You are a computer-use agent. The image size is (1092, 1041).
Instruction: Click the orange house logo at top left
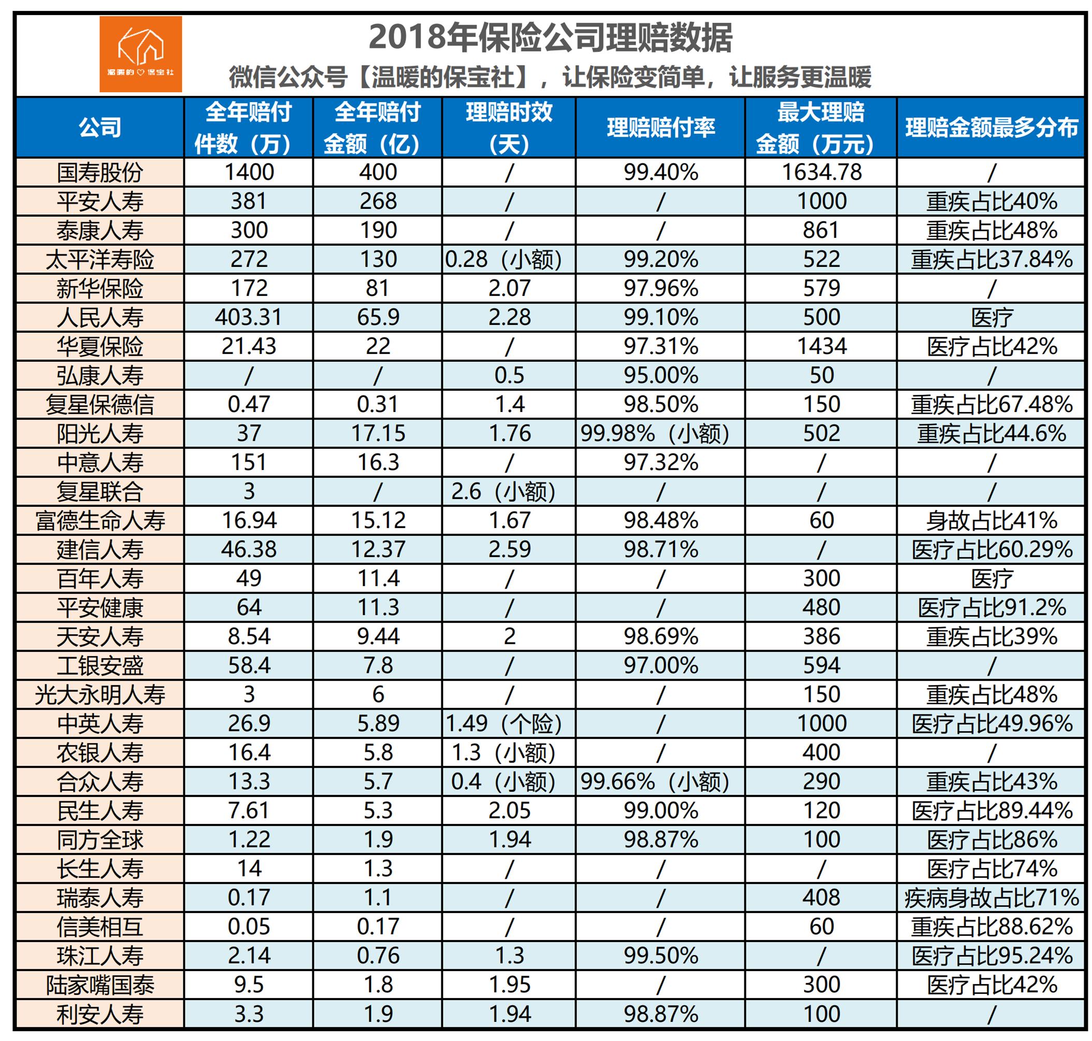140,54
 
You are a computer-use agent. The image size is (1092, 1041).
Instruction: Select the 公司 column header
100,127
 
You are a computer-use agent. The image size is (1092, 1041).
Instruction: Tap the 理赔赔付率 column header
660,127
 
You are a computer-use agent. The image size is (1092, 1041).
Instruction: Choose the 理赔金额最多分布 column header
991,127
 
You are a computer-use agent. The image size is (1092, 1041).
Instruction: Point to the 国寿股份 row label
100,173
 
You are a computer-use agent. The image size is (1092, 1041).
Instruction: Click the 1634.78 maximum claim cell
821,173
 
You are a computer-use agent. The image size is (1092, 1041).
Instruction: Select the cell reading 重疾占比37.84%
991,260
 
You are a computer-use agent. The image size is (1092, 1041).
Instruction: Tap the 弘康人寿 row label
100,376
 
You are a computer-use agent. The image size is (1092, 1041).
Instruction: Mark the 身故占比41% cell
991,520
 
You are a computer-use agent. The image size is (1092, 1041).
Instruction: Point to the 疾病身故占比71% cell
991,898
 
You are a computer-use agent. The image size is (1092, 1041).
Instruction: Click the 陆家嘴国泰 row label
100,985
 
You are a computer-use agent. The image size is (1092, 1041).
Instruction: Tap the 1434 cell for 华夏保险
821,347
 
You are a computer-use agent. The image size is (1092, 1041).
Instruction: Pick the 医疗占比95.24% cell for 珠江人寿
991,956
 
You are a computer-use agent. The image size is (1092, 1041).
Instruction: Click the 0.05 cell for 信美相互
249,926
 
